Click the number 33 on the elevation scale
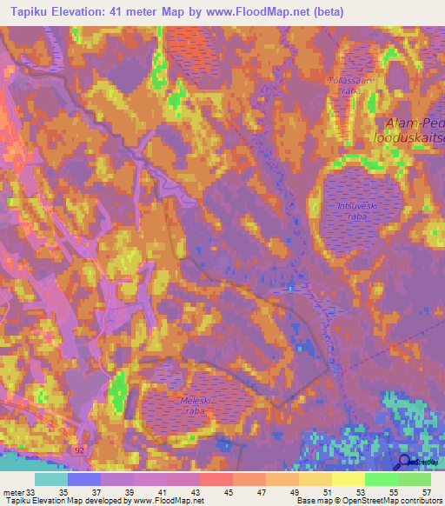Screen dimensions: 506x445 pos(32,493)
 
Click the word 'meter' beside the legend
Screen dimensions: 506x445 pos(12,493)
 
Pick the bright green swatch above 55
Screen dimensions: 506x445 pos(381,479)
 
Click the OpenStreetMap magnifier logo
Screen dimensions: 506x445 pos(405,463)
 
